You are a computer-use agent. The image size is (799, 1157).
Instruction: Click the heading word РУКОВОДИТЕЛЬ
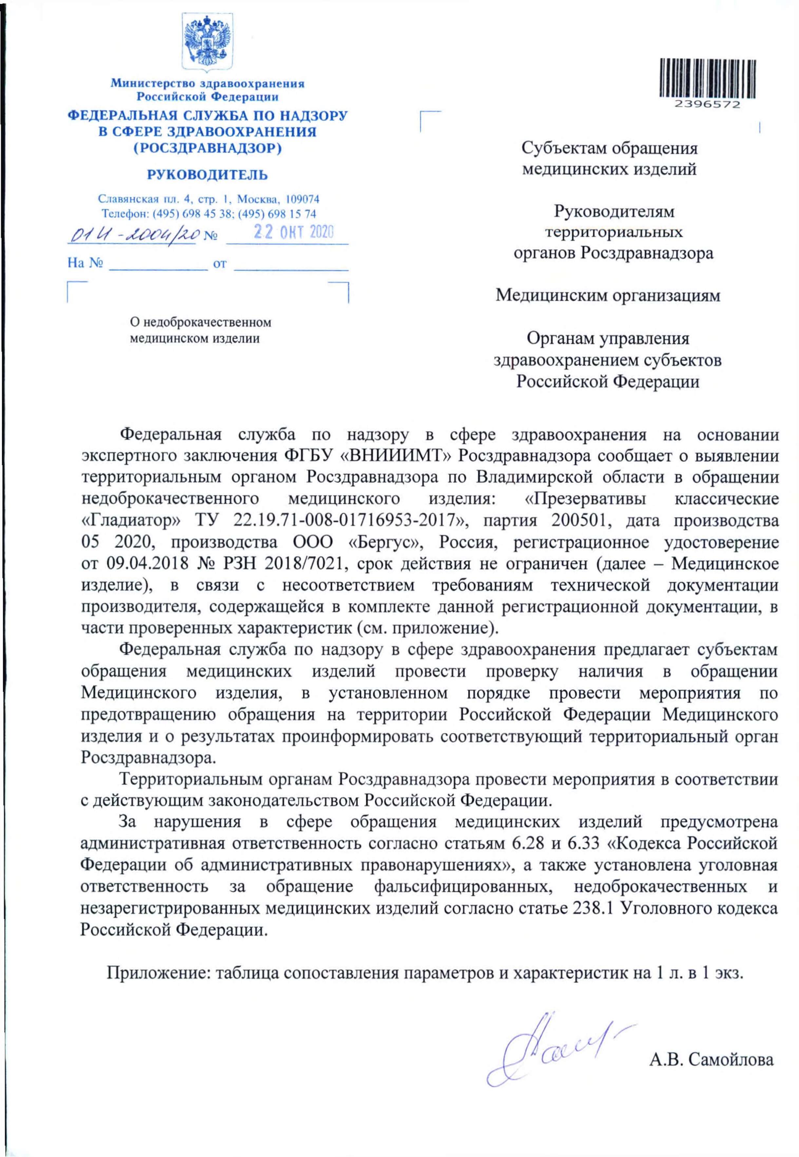(207, 175)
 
